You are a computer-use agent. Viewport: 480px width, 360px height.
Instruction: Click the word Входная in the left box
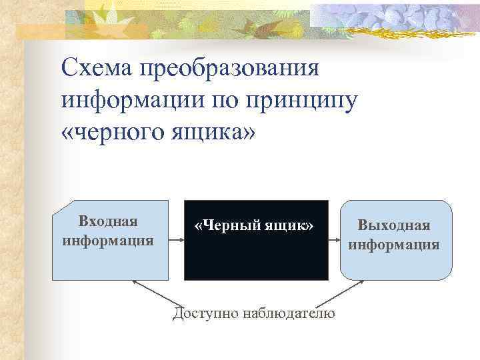108,221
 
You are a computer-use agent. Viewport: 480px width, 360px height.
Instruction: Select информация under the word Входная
108,239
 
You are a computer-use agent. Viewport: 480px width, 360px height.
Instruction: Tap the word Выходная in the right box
393,226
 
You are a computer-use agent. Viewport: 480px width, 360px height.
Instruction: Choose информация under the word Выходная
393,244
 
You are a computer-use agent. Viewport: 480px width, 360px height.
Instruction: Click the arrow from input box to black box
177,241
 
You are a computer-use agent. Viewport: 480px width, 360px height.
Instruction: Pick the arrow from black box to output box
335,241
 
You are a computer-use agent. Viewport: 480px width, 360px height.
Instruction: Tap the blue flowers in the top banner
400,17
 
